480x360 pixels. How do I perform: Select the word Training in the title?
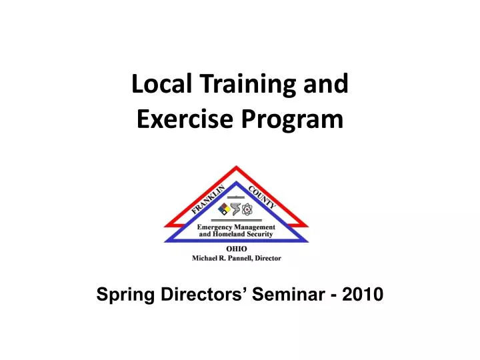pyautogui.click(x=237, y=85)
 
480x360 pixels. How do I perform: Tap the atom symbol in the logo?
pyautogui.click(x=248, y=210)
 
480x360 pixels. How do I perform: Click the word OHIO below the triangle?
pyautogui.click(x=237, y=249)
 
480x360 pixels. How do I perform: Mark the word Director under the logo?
pyautogui.click(x=270, y=257)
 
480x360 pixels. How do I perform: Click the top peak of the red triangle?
pyautogui.click(x=237, y=167)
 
